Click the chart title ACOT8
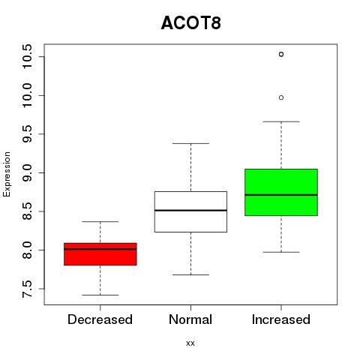(x=191, y=23)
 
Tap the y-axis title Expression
(x=7, y=174)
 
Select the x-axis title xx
(x=190, y=343)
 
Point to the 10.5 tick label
(x=27, y=56)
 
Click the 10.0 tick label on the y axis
(x=27, y=95)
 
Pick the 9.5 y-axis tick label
(x=27, y=134)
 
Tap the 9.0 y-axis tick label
(x=27, y=172)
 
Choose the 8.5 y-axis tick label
(x=27, y=211)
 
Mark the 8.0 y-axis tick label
(x=27, y=250)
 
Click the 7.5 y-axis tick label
(x=27, y=289)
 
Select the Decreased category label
(x=100, y=319)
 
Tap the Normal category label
(x=190, y=319)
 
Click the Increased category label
(x=281, y=319)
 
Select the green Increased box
(x=281, y=192)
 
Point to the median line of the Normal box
(x=190, y=210)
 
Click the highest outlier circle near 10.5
(x=281, y=54)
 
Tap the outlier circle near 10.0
(x=281, y=97)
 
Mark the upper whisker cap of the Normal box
(x=190, y=143)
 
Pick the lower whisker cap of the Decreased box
(x=100, y=295)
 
